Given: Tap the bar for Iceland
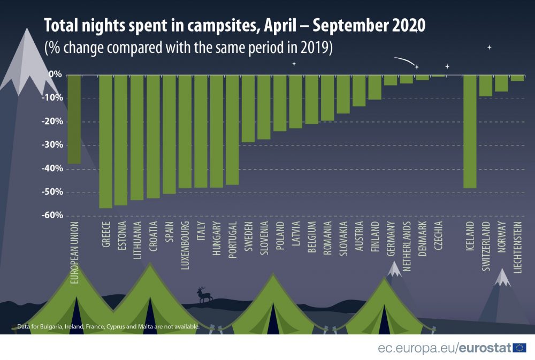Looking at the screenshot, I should coord(470,132).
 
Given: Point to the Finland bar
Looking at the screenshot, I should coord(374,87).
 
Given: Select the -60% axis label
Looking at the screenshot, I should coord(55,216).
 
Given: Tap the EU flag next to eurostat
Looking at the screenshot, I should coord(519,348).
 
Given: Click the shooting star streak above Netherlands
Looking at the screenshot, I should coord(404,61).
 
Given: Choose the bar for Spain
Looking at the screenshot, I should coord(169,134).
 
